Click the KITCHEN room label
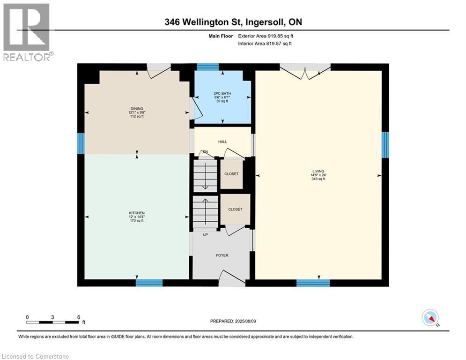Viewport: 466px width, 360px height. point(137,213)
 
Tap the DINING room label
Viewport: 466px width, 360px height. point(137,109)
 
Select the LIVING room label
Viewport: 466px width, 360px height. point(318,172)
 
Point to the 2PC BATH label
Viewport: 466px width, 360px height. point(222,93)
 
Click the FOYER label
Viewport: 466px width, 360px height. point(222,255)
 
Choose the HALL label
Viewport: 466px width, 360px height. point(222,142)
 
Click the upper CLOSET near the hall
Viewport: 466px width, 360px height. point(231,174)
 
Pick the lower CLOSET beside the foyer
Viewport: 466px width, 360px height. point(235,210)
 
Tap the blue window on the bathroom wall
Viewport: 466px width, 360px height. point(208,67)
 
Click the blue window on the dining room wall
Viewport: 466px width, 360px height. point(81,143)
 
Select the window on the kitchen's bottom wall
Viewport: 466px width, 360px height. point(149,283)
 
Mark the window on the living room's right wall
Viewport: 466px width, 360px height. point(385,145)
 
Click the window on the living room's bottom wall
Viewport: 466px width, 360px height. point(313,283)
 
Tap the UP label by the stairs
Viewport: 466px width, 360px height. point(205,235)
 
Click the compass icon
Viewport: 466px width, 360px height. point(430,317)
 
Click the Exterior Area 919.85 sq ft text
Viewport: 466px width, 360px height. point(266,36)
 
